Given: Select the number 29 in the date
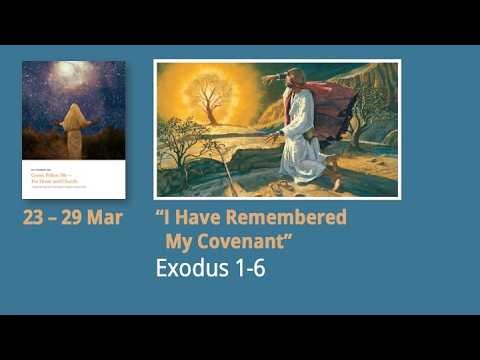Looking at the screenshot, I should coord(81,217).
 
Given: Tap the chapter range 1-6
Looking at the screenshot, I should coord(249,269).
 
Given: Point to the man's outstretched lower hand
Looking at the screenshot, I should coord(272,131).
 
